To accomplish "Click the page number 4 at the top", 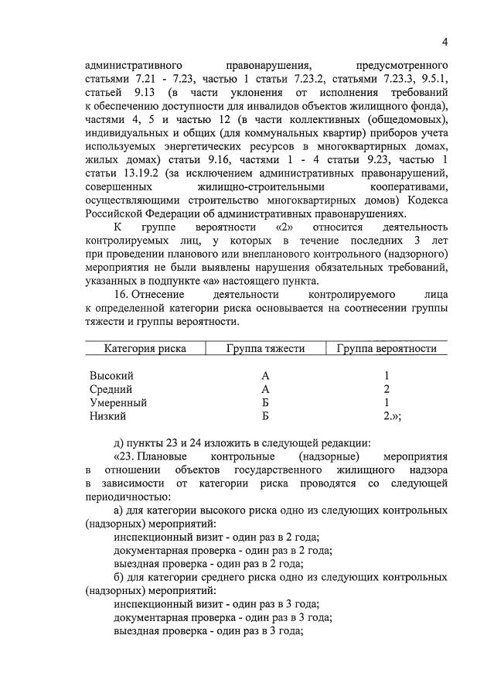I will [445, 41].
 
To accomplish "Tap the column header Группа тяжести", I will [265, 349].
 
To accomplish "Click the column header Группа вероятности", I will [387, 349].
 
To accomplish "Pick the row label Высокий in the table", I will [111, 375].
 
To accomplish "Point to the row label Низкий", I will [111, 417].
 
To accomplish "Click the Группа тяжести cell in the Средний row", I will [265, 389].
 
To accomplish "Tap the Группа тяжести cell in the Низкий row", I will [265, 417].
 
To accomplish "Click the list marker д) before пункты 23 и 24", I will [119, 442].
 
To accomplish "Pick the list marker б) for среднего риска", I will [119, 577].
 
